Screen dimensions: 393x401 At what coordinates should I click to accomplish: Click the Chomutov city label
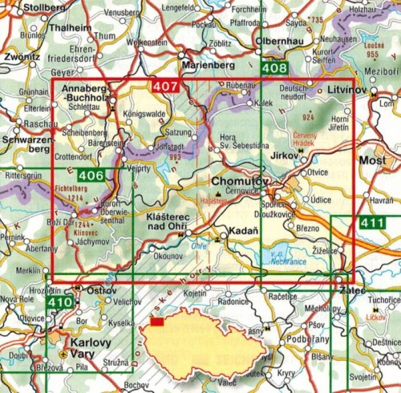pyautogui.click(x=236, y=182)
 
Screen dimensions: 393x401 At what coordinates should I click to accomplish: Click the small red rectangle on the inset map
pyautogui.click(x=157, y=322)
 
